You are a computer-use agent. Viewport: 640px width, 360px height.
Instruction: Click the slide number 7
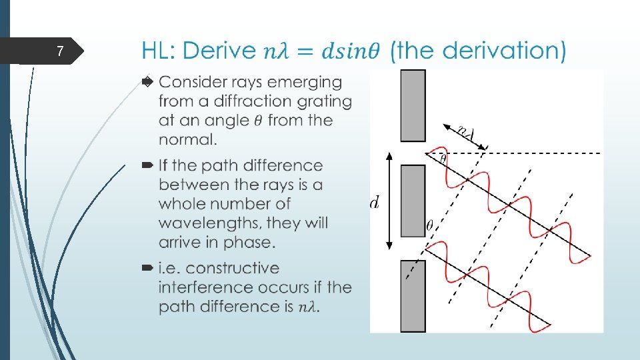point(59,51)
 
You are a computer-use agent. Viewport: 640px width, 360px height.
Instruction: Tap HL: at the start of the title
point(159,51)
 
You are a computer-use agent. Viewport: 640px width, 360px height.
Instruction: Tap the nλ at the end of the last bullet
point(309,307)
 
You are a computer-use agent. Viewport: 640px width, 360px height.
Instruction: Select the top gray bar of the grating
point(413,105)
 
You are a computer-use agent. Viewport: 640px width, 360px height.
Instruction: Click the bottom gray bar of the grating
point(413,295)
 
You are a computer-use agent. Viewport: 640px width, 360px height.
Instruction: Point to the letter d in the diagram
point(374,202)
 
